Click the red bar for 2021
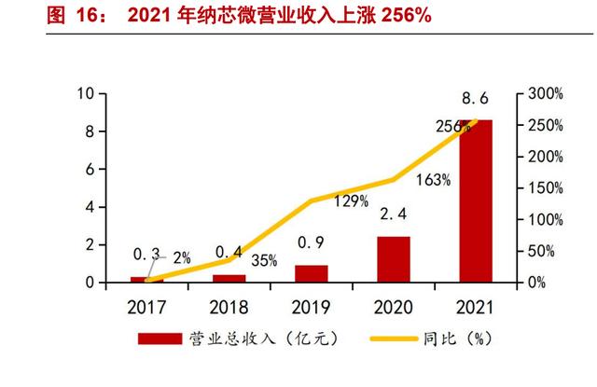coord(476,200)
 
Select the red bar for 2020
coord(394,258)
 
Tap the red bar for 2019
coord(312,272)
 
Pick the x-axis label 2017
coord(147,305)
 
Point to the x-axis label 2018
coord(229,305)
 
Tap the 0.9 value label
coord(312,245)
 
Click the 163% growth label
coord(434,180)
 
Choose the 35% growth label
coord(264,261)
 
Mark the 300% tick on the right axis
coord(544,94)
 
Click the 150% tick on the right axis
coord(544,188)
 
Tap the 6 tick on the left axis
coord(90,170)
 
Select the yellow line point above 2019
coord(312,200)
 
